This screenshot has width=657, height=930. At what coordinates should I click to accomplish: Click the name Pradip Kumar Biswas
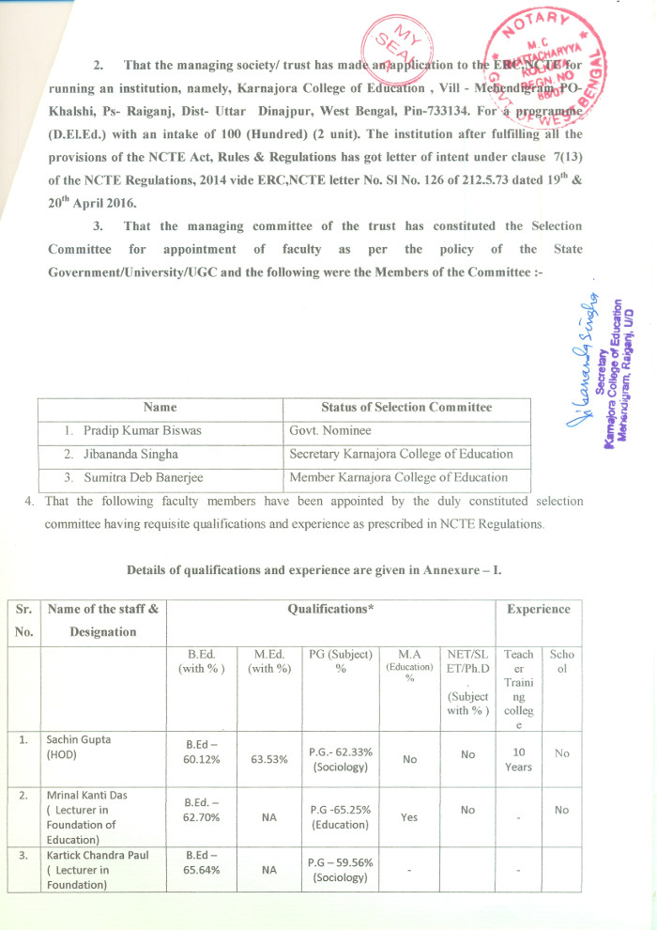(142, 430)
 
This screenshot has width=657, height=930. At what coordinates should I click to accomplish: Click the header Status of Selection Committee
(405, 407)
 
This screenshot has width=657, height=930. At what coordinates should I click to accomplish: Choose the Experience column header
(538, 609)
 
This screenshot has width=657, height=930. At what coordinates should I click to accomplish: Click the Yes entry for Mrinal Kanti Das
(409, 817)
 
